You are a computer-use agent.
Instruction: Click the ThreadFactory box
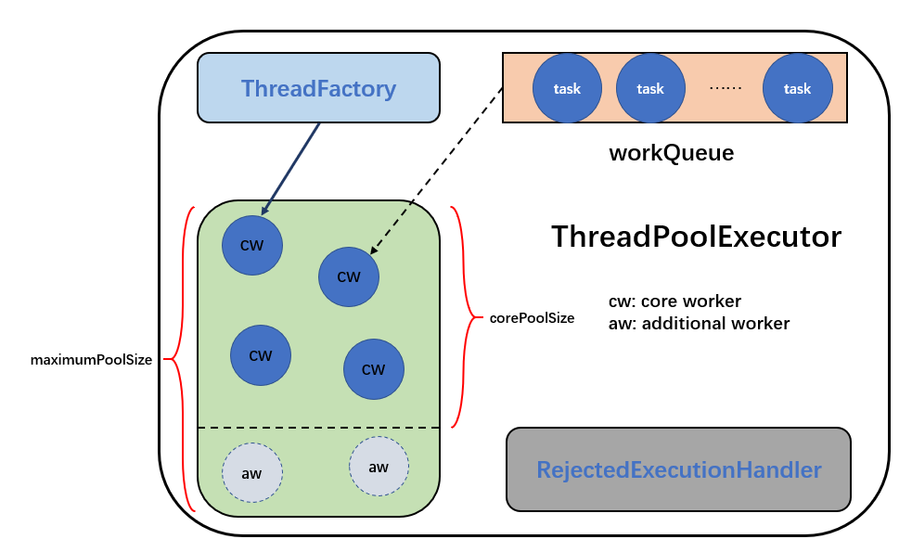pos(318,88)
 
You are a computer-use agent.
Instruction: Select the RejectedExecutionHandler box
pos(678,469)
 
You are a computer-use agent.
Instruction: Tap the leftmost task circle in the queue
pos(567,88)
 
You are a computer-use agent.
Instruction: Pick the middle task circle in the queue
pos(650,88)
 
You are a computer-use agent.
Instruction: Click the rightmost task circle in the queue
pos(797,88)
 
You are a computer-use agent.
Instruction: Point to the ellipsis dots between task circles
pos(726,88)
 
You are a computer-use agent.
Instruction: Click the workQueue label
pos(671,153)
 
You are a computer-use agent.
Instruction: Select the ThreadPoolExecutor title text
pos(696,237)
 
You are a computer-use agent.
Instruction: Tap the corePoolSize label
pos(532,318)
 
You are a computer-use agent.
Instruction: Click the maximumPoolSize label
pos(91,360)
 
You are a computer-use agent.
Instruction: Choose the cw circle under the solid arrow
pos(252,245)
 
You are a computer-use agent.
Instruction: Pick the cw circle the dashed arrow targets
pos(349,276)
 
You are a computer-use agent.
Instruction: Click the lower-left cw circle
pos(261,355)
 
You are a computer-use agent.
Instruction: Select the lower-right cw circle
pos(373,369)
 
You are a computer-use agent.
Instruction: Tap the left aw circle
pos(251,473)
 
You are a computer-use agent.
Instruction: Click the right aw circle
pos(379,467)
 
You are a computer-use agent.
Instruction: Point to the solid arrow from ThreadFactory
pos(290,169)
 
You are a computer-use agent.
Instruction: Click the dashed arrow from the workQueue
pos(436,171)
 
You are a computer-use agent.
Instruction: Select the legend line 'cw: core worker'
pos(674,302)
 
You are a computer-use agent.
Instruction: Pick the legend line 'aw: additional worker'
pos(700,324)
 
